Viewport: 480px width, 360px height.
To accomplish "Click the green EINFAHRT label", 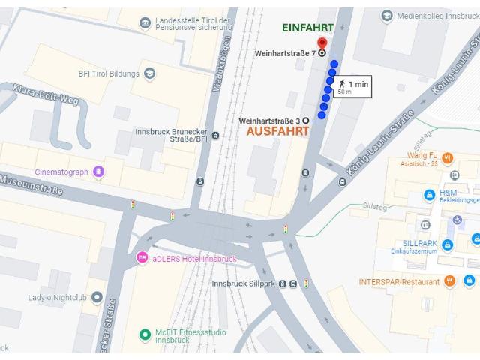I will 307,27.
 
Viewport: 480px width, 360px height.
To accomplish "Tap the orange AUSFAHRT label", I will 277,130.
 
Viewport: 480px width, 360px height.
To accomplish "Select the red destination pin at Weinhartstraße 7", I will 322,43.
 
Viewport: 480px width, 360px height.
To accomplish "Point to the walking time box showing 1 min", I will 352,87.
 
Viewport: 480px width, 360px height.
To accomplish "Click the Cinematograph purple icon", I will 99,172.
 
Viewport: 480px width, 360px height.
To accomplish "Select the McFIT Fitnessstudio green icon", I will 145,334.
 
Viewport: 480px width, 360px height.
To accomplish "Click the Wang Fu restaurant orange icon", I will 448,158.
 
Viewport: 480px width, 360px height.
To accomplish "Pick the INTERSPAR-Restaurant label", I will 398,281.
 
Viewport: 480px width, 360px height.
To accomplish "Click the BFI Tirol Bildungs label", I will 109,73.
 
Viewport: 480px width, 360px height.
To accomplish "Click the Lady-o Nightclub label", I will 55,298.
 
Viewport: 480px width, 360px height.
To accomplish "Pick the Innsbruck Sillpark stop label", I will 244,283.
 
